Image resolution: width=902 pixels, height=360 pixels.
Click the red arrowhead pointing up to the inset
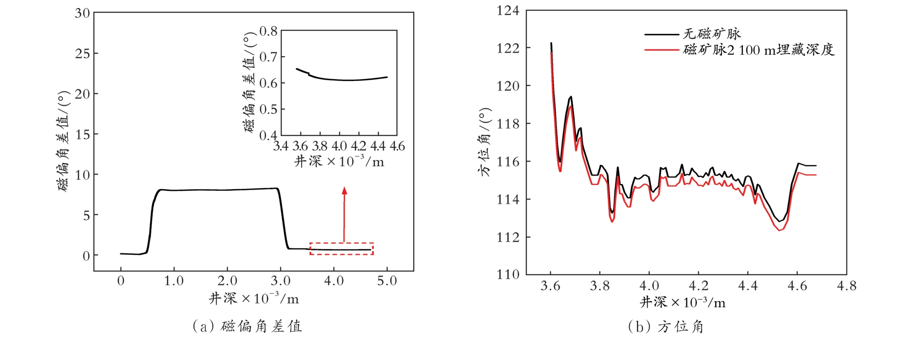coord(344,190)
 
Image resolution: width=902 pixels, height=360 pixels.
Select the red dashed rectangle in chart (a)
coord(341,248)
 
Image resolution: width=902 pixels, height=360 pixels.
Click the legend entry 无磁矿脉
coord(711,33)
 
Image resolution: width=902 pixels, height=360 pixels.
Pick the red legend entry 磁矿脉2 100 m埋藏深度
coord(758,49)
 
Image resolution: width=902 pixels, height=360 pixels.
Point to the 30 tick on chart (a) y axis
coord(82,13)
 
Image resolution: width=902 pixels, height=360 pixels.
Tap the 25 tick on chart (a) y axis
coord(82,54)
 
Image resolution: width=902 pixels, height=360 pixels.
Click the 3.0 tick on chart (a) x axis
coord(280,281)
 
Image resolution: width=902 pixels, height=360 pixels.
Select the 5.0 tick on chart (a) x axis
coord(387,281)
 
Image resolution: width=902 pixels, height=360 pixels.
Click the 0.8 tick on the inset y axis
coord(268,31)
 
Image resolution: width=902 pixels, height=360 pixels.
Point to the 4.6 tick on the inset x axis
coord(397,146)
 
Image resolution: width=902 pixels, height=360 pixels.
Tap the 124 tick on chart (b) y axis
coord(508,11)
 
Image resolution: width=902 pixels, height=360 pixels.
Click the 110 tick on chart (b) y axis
coord(508,274)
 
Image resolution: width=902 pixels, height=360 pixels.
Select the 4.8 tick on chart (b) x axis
coord(846,286)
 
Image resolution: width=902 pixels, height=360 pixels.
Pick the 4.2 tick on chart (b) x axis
coord(698,286)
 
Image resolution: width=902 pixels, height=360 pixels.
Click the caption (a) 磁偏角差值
coord(247,327)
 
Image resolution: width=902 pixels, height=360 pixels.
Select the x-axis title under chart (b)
coord(683,303)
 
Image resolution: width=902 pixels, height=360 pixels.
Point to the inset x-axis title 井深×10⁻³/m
coord(339,161)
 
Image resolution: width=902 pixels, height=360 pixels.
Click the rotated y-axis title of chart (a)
coord(64,142)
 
